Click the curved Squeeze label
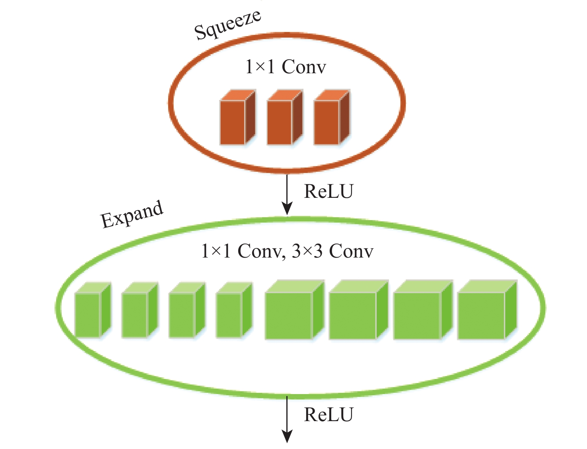[x=227, y=25]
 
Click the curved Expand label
[x=132, y=215]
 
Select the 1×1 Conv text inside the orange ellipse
[x=286, y=66]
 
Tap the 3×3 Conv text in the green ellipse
[x=332, y=251]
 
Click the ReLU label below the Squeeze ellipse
[x=328, y=191]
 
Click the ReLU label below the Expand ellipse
[x=328, y=415]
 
